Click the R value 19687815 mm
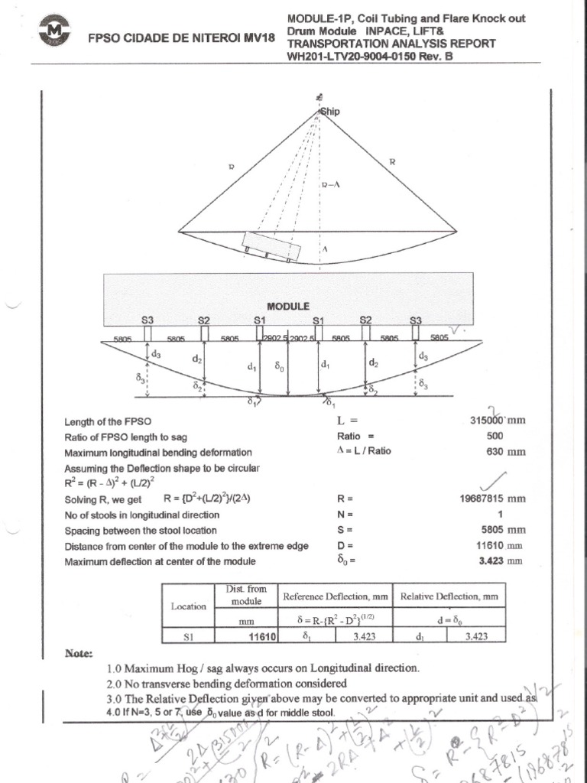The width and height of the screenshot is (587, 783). coord(492,498)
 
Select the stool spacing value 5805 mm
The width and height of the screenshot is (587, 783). coord(504,530)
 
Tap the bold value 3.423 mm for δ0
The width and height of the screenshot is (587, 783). coord(504,560)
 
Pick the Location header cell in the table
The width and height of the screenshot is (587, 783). coord(188,606)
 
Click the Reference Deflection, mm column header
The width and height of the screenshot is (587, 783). coord(336,596)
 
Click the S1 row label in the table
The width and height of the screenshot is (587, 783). coord(188,635)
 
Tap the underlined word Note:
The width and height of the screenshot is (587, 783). coord(79,654)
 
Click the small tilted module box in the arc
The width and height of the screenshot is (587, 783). coord(271,246)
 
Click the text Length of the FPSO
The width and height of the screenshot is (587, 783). coord(108,421)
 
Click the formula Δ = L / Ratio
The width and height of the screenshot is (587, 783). coord(364,451)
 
